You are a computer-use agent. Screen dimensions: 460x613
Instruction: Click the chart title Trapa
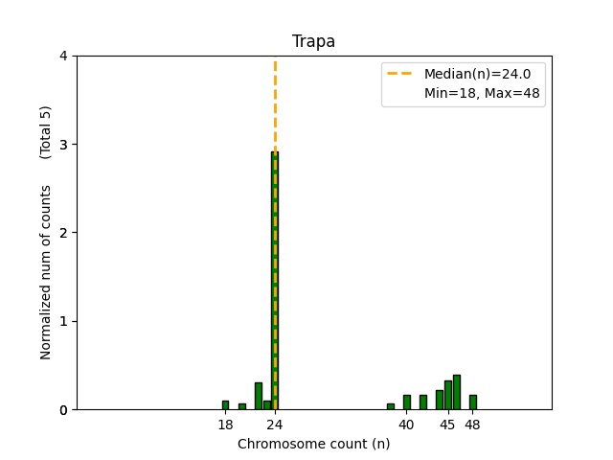(x=313, y=41)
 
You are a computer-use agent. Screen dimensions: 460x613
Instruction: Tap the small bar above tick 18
(x=225, y=405)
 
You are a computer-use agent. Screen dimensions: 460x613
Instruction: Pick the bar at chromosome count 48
(x=473, y=402)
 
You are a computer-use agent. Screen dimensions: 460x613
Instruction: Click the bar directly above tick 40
(x=407, y=402)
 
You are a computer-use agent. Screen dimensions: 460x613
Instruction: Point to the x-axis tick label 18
(x=225, y=425)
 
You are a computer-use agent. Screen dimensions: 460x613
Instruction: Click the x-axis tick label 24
(x=275, y=425)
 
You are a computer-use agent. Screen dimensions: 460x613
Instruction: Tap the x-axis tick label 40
(x=407, y=425)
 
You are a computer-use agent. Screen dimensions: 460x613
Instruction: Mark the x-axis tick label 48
(x=473, y=425)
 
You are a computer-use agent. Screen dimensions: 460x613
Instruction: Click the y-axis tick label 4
(x=63, y=56)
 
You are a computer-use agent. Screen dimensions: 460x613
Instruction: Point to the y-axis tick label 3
(x=63, y=145)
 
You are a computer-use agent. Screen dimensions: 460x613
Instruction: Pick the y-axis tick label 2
(x=63, y=233)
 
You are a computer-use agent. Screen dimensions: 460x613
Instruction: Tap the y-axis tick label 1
(x=63, y=321)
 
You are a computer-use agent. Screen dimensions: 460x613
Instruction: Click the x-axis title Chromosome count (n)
(x=313, y=444)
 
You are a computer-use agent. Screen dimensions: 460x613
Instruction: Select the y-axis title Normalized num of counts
(x=46, y=272)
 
